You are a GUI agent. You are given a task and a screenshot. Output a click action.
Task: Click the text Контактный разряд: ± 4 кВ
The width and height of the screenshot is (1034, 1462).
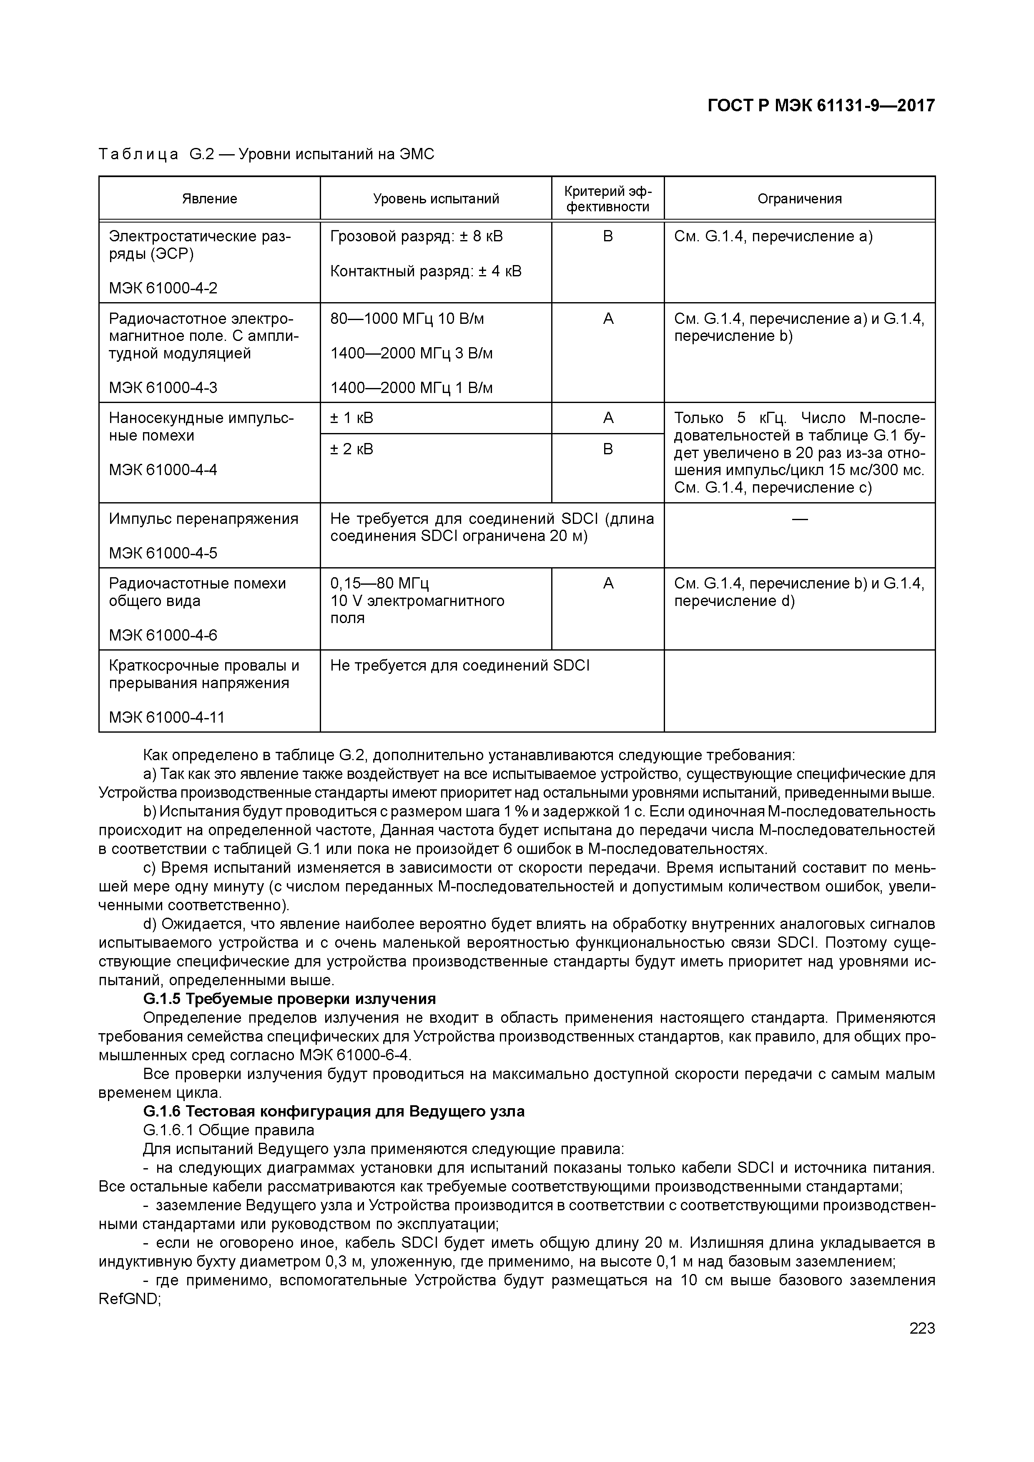[x=426, y=271]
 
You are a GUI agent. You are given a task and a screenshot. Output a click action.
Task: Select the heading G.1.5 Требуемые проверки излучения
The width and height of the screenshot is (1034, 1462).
[x=289, y=999]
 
